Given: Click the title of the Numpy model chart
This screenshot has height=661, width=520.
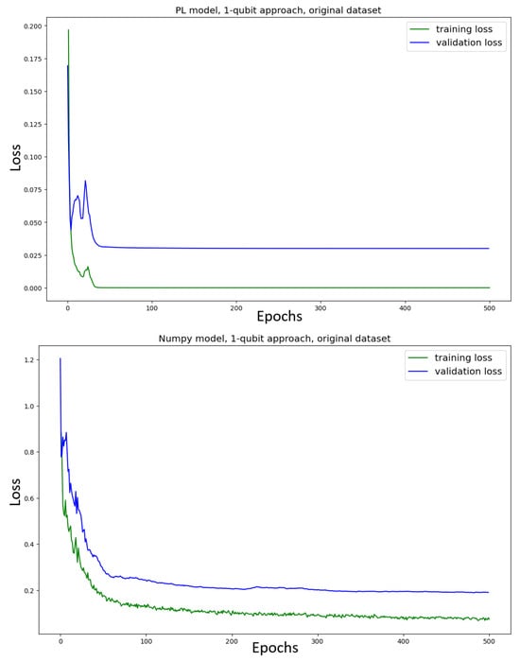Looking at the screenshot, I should point(273,339).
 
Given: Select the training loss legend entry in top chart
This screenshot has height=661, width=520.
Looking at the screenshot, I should point(454,29).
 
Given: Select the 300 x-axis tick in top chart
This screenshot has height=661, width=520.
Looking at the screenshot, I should point(321,307).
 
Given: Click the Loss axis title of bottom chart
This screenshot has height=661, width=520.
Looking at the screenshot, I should point(14,491).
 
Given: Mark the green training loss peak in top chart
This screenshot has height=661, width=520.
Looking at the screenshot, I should point(68,30).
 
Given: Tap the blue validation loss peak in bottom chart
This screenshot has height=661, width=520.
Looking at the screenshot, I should point(61,359).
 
